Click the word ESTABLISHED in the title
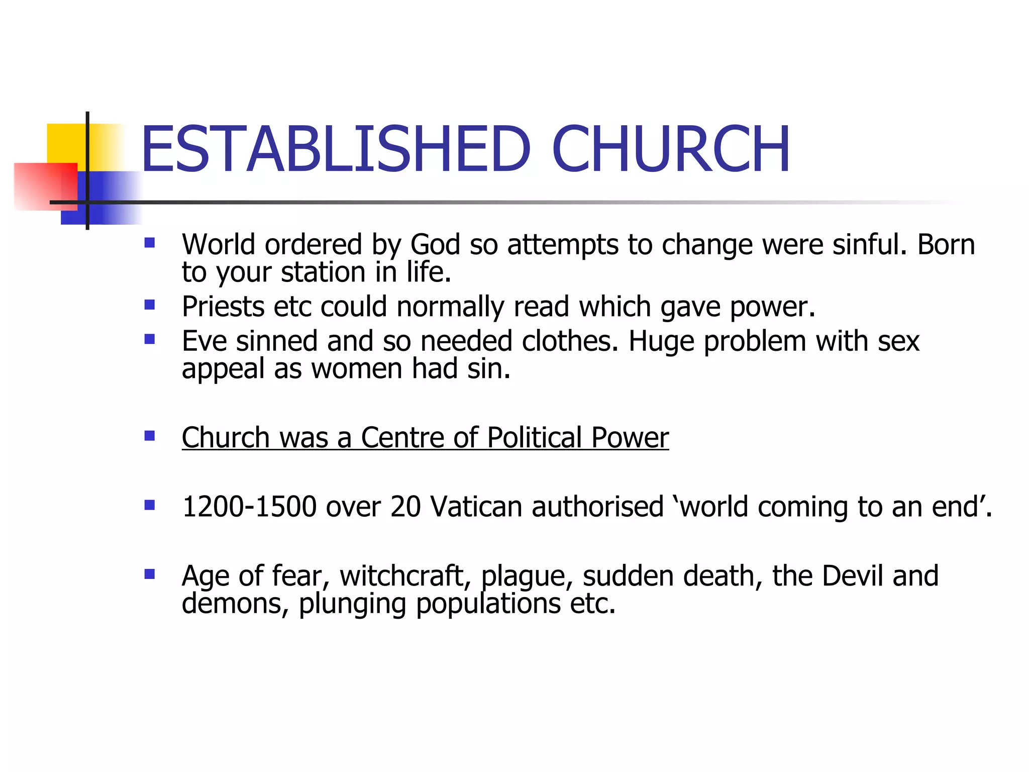pos(336,149)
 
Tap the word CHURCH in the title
pos(671,149)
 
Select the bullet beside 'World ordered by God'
pos(149,243)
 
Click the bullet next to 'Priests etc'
pos(149,305)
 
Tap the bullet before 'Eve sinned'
pos(149,340)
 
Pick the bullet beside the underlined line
pos(149,436)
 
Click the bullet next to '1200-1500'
pos(149,505)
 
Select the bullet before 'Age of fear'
pos(149,574)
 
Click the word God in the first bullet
pos(435,245)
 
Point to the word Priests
pos(223,307)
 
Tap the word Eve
pos(204,341)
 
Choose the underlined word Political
pos(534,437)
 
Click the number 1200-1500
pos(249,507)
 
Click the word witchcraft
pos(405,576)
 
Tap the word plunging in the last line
pos(352,604)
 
